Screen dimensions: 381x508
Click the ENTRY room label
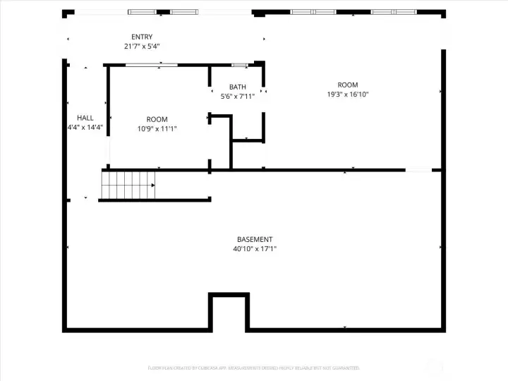point(141,37)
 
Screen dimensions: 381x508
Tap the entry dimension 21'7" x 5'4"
point(141,47)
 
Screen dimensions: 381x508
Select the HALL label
point(85,118)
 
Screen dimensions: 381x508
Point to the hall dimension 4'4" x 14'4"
point(85,128)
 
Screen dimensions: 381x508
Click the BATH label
point(237,87)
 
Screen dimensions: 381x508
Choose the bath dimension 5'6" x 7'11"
point(237,97)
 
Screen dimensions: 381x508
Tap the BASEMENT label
point(255,239)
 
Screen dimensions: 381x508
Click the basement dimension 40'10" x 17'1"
point(255,249)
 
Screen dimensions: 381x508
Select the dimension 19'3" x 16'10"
point(348,95)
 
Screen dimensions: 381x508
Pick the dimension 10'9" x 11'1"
point(157,129)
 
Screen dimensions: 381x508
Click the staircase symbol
point(128,185)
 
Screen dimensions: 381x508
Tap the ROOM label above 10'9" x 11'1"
point(157,119)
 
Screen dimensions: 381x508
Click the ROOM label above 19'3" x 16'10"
point(348,85)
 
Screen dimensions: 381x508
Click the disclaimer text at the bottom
point(254,368)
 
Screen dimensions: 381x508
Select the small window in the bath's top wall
point(239,66)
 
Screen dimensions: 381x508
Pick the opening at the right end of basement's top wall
point(418,169)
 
